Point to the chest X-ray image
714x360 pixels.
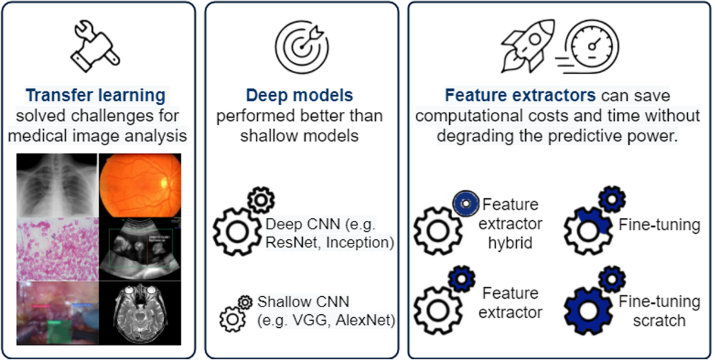coord(57,184)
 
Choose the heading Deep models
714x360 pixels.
coord(300,95)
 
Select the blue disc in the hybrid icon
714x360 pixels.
coord(466,204)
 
